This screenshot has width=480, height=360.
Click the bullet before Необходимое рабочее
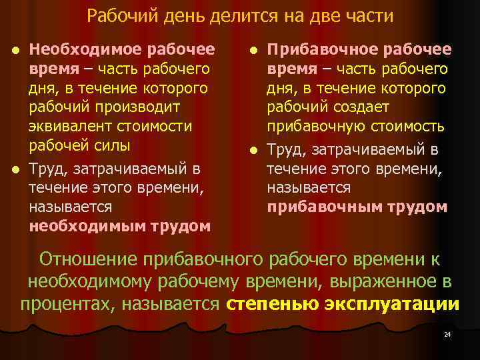click(19, 50)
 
